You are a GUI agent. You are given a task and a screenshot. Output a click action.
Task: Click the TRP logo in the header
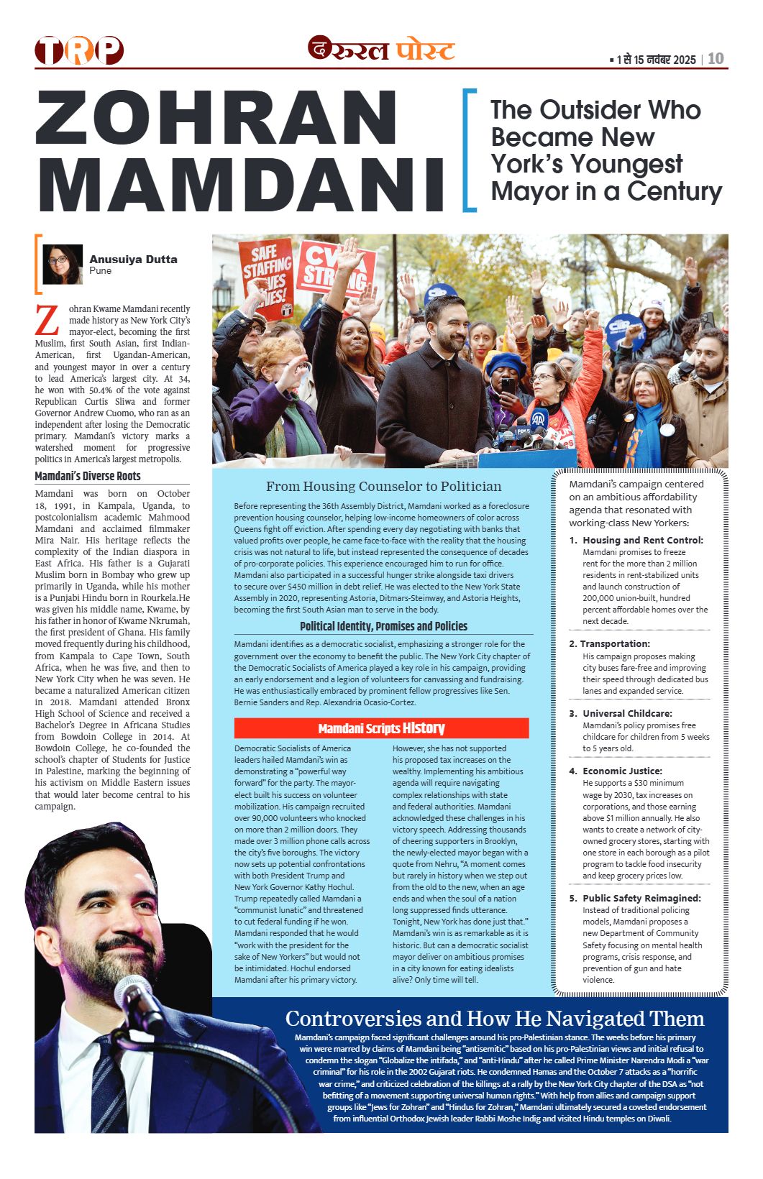(79, 50)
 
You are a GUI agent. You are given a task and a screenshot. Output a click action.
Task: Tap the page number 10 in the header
(716, 59)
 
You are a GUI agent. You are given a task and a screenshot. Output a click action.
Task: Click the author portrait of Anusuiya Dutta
(63, 265)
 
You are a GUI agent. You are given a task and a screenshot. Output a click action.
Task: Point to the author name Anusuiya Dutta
(133, 260)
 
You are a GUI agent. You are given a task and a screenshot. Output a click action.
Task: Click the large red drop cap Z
(47, 321)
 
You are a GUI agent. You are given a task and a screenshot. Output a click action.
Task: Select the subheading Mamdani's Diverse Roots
(88, 476)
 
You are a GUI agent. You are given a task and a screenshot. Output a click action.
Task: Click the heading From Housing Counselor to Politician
(383, 487)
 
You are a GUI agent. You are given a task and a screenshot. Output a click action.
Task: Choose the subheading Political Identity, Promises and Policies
(383, 626)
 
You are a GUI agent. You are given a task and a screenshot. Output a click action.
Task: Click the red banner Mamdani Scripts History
(381, 728)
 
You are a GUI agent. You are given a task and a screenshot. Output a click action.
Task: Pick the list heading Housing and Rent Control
(642, 540)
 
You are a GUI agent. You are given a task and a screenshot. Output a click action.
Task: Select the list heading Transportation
(615, 643)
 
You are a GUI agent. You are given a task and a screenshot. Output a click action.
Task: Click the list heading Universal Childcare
(627, 713)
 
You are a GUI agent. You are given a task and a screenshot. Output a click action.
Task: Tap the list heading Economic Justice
(622, 771)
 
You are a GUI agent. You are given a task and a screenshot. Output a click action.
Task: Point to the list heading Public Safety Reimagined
(641, 898)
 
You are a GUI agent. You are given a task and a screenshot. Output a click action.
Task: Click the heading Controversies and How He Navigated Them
(495, 1018)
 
